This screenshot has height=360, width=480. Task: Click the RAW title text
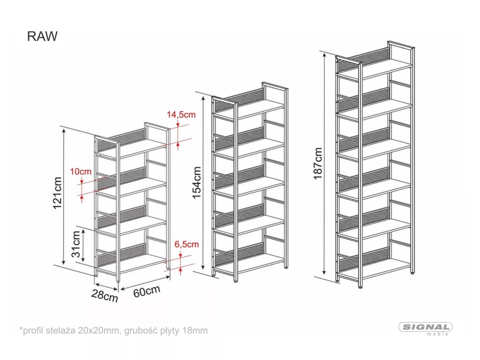coord(42,37)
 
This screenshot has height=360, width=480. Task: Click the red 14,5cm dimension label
coord(181,114)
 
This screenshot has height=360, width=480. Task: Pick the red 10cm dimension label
coord(81,171)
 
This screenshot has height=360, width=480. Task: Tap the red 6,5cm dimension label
coord(186,244)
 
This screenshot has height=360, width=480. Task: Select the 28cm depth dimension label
coord(105,296)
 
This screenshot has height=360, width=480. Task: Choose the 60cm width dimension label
coord(147,291)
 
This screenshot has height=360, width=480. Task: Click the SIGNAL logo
coord(425,327)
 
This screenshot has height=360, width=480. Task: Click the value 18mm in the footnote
coord(196,330)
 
